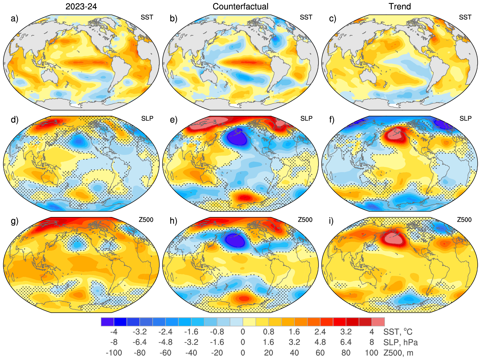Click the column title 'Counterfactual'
240,6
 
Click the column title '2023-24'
81,6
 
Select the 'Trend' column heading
400,6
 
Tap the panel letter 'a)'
14,19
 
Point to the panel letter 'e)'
174,120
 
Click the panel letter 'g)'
14,221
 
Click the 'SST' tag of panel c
465,17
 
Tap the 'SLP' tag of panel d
147,119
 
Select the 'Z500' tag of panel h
305,220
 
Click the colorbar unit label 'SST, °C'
398,332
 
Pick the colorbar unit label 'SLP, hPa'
401,342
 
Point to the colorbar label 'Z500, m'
398,353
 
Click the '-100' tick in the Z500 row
113,353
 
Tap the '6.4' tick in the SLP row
346,342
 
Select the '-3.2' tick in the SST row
139,332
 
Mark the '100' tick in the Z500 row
371,353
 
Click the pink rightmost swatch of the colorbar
378,322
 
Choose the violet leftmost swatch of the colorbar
107,322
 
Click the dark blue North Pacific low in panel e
237,137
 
